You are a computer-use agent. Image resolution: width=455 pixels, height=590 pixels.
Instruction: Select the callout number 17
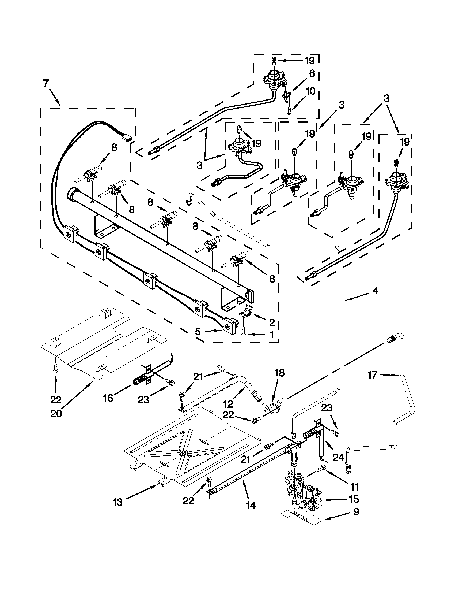click(373, 375)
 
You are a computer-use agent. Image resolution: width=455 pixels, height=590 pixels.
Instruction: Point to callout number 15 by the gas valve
click(353, 499)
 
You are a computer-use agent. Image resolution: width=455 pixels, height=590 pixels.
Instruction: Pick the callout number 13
click(118, 502)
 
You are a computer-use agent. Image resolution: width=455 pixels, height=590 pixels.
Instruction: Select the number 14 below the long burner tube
click(251, 505)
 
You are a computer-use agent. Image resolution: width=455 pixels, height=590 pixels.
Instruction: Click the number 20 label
click(56, 414)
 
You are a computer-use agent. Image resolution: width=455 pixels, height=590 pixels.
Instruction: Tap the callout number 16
click(108, 398)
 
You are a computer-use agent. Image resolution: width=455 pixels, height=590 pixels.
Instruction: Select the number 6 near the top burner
click(312, 73)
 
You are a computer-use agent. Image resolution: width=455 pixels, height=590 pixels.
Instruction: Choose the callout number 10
click(310, 91)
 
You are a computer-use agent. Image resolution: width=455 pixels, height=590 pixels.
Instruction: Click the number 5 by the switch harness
click(198, 332)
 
